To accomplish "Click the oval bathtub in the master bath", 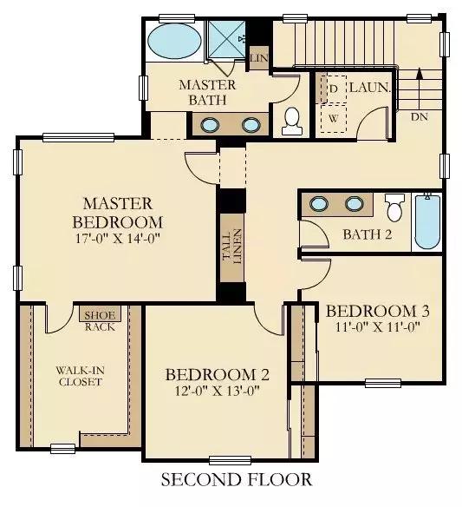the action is [x=174, y=41].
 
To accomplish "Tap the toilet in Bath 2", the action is [x=394, y=207].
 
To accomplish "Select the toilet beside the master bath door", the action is [x=292, y=121].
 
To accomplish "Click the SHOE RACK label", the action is [x=100, y=320].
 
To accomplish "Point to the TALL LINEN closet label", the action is [x=232, y=247].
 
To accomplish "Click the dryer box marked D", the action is [x=334, y=89].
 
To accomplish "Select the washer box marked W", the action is [x=334, y=118].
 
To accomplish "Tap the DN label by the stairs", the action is [x=420, y=117].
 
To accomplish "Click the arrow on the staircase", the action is [x=419, y=89].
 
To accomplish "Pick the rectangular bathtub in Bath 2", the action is [x=427, y=222].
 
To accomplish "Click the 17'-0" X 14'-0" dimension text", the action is [x=118, y=239].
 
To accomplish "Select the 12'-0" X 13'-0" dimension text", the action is [x=217, y=392].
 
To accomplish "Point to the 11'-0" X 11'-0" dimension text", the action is [x=377, y=327].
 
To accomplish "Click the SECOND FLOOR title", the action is [x=237, y=479].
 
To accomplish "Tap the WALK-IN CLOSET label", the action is [x=80, y=376].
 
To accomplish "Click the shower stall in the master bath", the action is [x=225, y=39].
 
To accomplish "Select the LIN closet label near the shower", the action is [x=259, y=58].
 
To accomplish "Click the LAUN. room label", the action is [x=370, y=88].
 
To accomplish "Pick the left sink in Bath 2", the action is [x=319, y=204].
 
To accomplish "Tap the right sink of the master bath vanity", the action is [x=251, y=125].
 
